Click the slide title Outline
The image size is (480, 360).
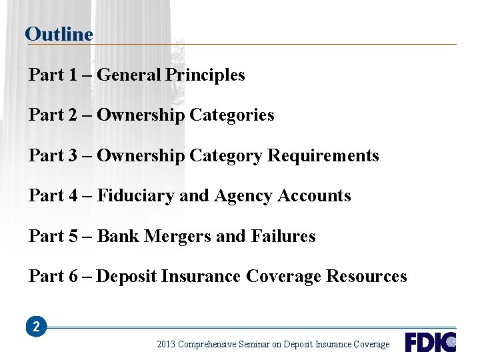(x=59, y=34)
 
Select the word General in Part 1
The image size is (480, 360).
(x=129, y=75)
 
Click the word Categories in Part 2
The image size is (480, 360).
(x=232, y=115)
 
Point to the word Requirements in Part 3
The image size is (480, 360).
(x=323, y=156)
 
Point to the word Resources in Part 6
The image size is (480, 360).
(x=367, y=277)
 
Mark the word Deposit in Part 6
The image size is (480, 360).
(x=127, y=277)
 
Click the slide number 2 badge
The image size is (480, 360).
(x=36, y=327)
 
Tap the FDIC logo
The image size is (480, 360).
(x=430, y=342)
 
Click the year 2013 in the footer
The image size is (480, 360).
(x=167, y=345)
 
